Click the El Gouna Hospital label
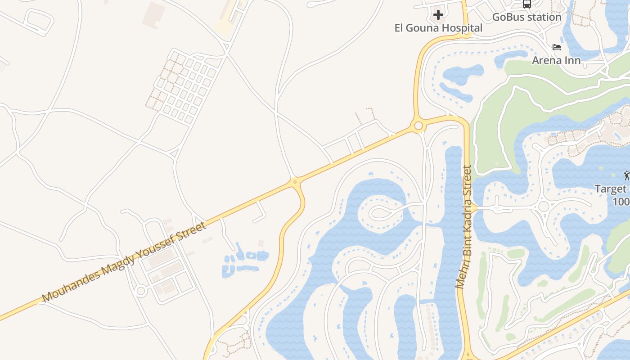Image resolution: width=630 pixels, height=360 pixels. pos(438,28)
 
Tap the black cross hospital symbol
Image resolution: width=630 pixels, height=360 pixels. pos(438,15)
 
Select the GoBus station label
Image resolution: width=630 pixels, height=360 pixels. pos(526,17)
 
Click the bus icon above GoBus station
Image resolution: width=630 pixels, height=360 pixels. pos(526,4)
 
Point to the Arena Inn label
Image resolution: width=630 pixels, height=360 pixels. pos(556,60)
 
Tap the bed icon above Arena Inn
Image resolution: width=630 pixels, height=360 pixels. pos(557,47)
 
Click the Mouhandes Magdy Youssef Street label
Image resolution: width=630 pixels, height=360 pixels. pos(124,262)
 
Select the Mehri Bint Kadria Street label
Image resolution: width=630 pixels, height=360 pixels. pos(463,227)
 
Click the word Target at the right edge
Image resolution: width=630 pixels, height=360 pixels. pos(610,189)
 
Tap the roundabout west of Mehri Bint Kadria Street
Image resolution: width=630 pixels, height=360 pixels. pos(418,126)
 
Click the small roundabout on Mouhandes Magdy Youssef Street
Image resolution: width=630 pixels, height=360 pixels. pos(295,182)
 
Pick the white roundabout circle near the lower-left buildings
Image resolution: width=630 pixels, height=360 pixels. pos(141,291)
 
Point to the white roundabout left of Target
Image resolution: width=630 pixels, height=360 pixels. pos(544,207)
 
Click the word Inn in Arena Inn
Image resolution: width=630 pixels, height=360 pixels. pos(573,60)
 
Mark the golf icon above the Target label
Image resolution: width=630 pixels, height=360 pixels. pos(626,175)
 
